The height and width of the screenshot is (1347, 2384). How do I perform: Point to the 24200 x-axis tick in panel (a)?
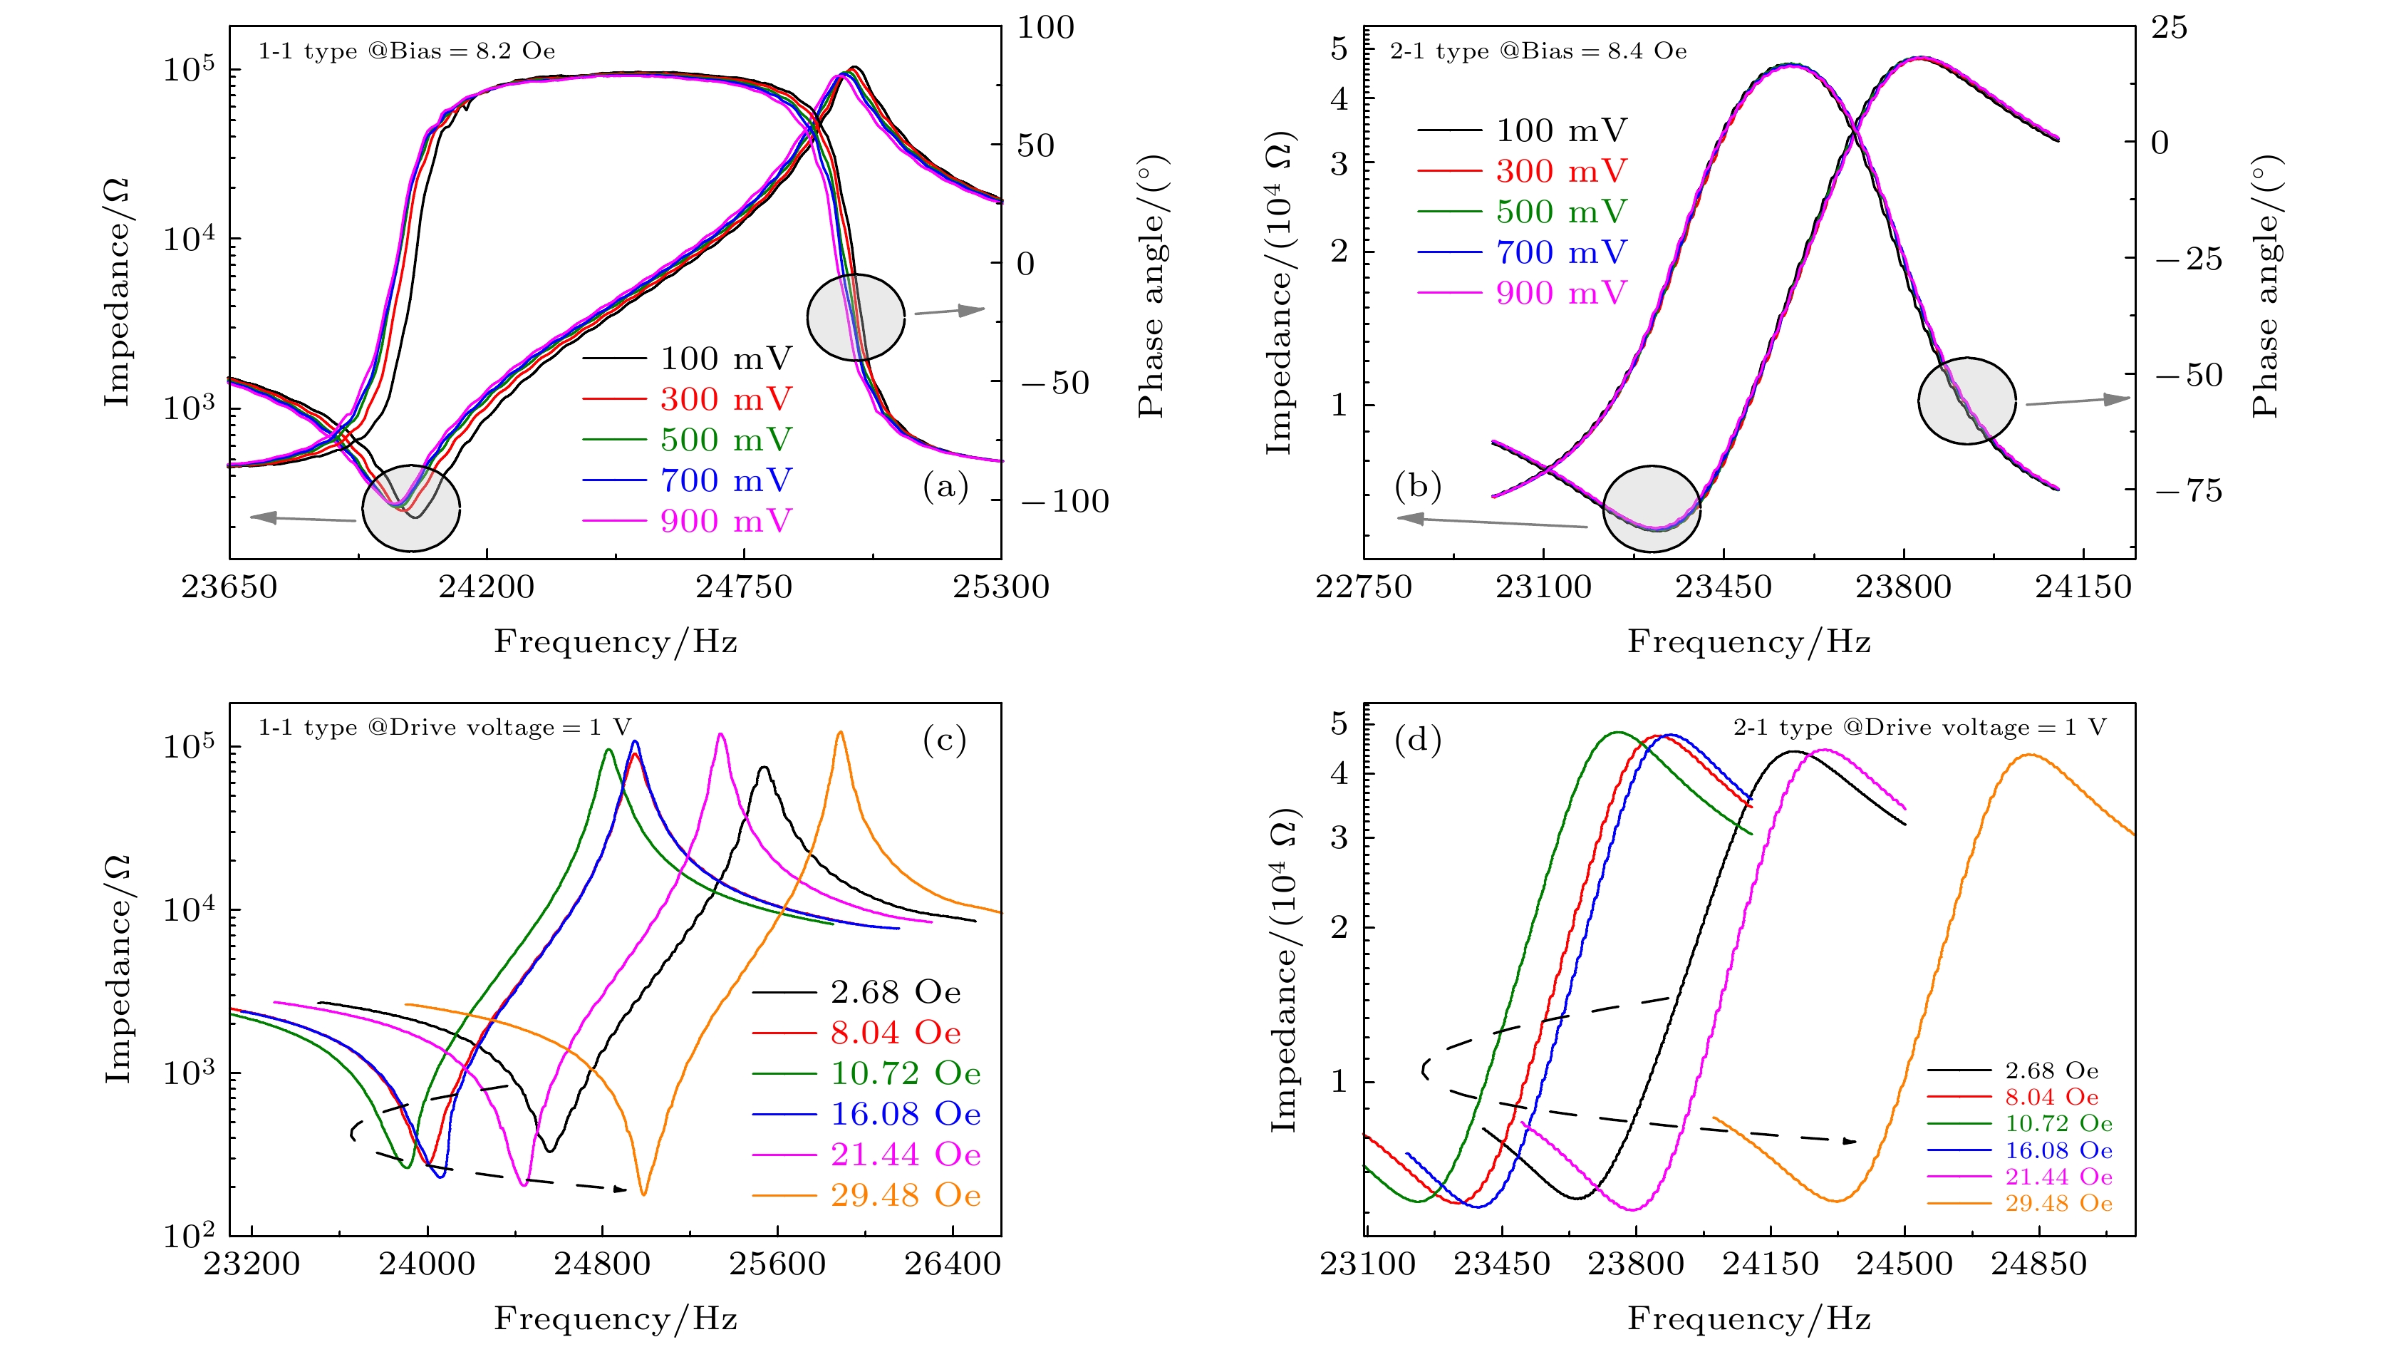[x=487, y=587]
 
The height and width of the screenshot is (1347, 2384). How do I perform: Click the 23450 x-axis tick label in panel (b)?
[x=1724, y=587]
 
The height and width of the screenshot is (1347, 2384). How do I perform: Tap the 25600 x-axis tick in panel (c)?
[x=777, y=1264]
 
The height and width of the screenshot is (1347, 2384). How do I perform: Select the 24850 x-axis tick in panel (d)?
[x=2039, y=1264]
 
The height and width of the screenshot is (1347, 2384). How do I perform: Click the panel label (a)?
[x=945, y=485]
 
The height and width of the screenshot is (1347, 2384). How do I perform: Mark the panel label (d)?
[x=1417, y=740]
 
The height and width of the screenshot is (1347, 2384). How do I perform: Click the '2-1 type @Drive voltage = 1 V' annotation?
[x=1919, y=728]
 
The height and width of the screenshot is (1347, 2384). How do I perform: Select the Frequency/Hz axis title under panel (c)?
[x=616, y=1318]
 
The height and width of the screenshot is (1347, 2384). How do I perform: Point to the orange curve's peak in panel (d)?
[x=2030, y=755]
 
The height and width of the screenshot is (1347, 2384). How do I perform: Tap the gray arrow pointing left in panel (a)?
[x=301, y=517]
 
